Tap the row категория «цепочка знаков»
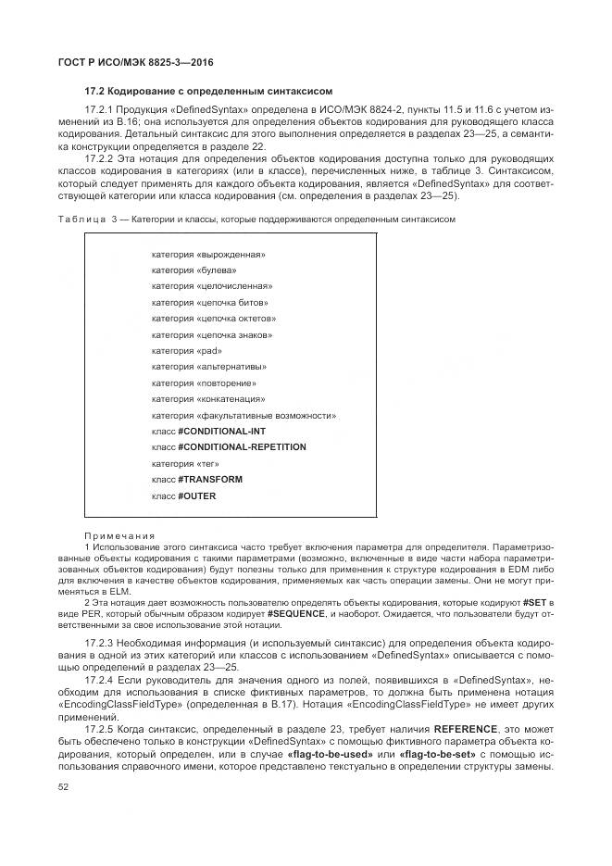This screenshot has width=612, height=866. (x=212, y=334)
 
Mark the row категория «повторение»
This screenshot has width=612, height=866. (x=205, y=383)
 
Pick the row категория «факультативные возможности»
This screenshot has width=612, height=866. (x=244, y=415)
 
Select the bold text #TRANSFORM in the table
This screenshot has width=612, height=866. (x=210, y=480)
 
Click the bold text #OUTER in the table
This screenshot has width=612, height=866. (x=197, y=496)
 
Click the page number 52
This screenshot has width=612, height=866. (x=63, y=785)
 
